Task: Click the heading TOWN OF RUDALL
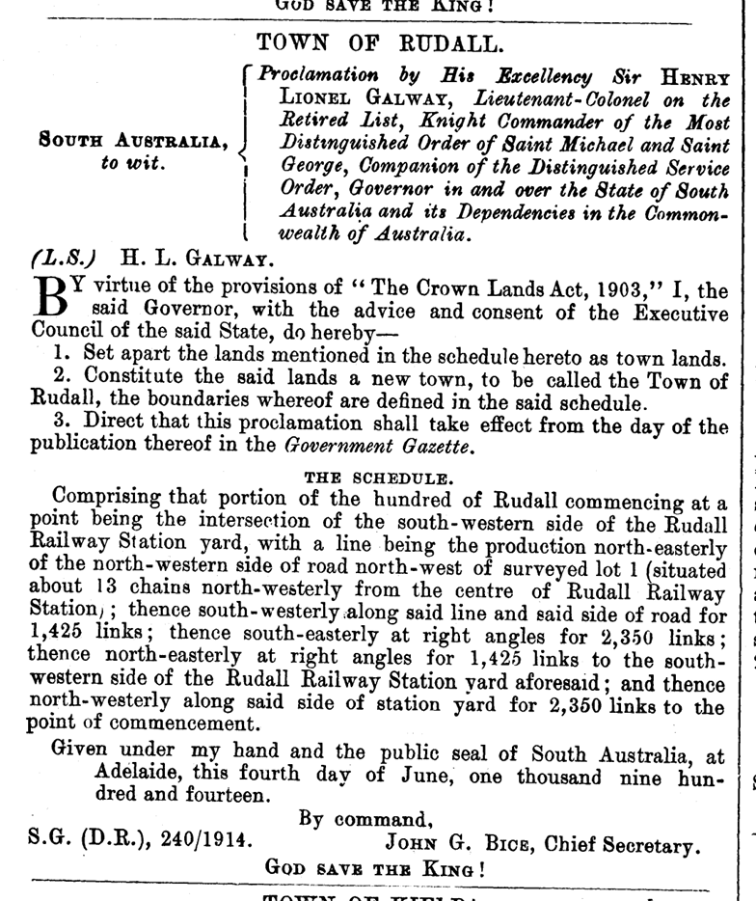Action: pos(379,43)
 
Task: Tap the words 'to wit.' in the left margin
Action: pos(136,163)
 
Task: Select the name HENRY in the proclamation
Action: pos(694,76)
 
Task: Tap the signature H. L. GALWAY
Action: pos(197,258)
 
